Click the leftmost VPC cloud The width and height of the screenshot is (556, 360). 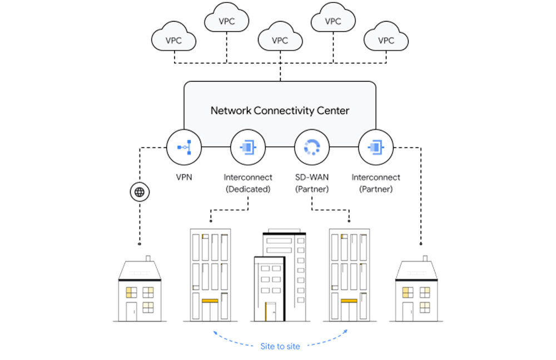tap(174, 41)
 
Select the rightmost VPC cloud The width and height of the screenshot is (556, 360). tap(386, 41)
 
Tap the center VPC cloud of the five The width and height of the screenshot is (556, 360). tap(280, 41)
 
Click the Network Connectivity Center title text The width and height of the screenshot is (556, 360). tap(280, 111)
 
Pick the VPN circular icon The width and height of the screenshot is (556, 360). tap(183, 147)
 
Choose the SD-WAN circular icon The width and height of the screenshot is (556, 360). tap(311, 147)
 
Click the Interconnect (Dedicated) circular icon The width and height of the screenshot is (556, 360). tap(247, 147)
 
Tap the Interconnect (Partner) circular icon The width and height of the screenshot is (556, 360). tap(376, 147)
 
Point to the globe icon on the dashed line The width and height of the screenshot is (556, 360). tap(139, 192)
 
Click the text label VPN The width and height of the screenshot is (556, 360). tap(183, 178)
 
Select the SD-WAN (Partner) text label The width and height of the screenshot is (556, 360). tap(311, 183)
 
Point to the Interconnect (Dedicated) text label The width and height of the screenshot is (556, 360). tap(248, 183)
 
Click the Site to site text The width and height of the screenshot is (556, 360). tap(280, 346)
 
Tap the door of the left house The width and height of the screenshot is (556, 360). tap(131, 311)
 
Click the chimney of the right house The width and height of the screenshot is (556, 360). tap(425, 259)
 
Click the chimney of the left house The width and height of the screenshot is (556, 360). tap(148, 259)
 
